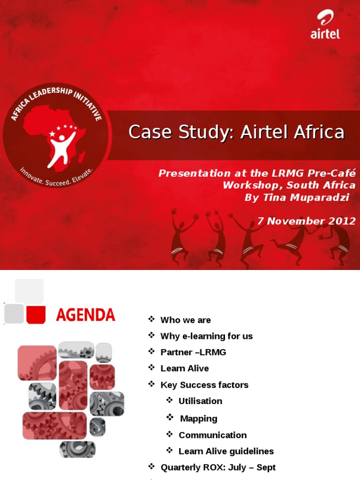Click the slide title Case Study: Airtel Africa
coord(236,133)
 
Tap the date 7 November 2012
coord(307,221)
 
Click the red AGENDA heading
coord(85,315)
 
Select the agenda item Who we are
coord(186,320)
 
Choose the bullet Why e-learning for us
coord(206,336)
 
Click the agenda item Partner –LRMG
coord(193,352)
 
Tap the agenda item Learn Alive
coord(185,368)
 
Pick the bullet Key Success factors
coord(204,385)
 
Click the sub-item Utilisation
coord(200,401)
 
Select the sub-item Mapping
coord(199,419)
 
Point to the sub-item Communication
coord(212,435)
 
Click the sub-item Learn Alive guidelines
coord(226,451)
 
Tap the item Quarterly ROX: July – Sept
coord(218,467)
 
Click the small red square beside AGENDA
coord(36,314)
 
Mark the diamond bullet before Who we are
coord(151,320)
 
